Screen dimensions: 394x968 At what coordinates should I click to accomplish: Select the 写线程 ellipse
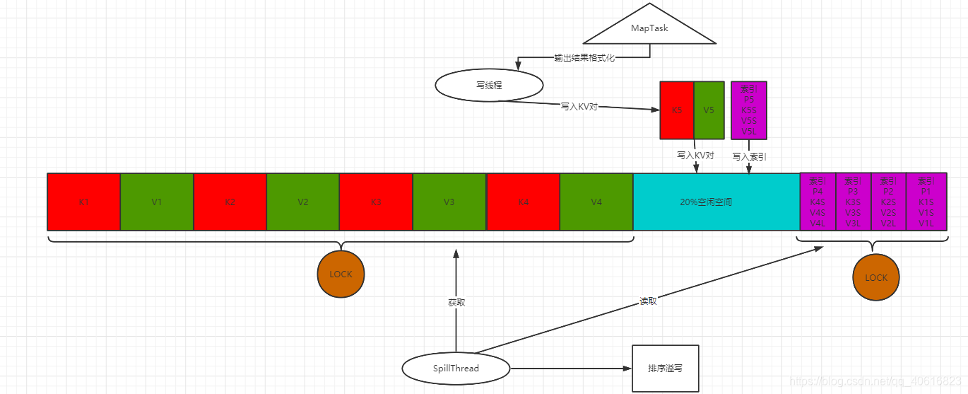pyautogui.click(x=489, y=86)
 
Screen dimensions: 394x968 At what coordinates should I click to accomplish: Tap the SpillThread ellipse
pyautogui.click(x=456, y=369)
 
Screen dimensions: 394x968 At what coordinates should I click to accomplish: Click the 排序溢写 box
pyautogui.click(x=665, y=369)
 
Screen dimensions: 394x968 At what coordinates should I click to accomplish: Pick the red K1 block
pyautogui.click(x=83, y=202)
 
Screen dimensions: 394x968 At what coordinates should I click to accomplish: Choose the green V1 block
pyautogui.click(x=157, y=202)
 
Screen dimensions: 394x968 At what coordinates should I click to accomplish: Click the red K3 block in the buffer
pyautogui.click(x=376, y=202)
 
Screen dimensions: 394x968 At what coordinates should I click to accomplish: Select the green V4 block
pyautogui.click(x=596, y=202)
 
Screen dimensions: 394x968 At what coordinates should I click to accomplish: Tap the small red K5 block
pyautogui.click(x=677, y=110)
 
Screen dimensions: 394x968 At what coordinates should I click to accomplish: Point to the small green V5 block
pyautogui.click(x=709, y=110)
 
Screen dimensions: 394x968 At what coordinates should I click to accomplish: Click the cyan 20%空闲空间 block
pyautogui.click(x=716, y=202)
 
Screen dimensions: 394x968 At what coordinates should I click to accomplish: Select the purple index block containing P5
pyautogui.click(x=749, y=110)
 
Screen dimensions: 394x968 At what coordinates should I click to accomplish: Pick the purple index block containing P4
pyautogui.click(x=818, y=202)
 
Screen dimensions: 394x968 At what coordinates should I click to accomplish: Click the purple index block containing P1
pyautogui.click(x=926, y=202)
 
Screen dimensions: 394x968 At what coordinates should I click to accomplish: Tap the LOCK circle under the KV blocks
pyautogui.click(x=341, y=274)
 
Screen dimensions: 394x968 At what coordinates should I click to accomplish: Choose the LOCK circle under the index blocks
pyautogui.click(x=876, y=277)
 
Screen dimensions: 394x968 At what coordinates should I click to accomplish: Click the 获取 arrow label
pyautogui.click(x=456, y=303)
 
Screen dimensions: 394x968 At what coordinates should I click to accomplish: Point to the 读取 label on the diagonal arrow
pyautogui.click(x=648, y=301)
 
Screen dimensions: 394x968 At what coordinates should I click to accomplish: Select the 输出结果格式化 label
pyautogui.click(x=584, y=58)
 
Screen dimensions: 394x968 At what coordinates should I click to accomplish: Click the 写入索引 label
pyautogui.click(x=749, y=156)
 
